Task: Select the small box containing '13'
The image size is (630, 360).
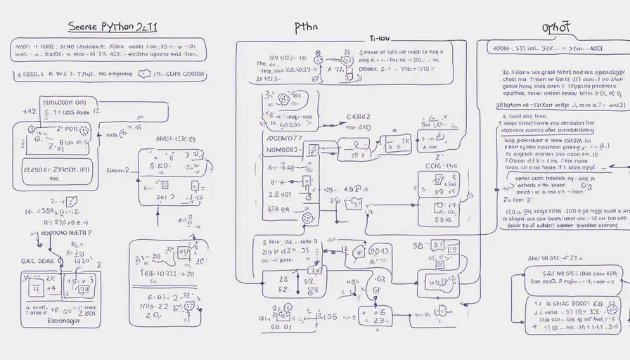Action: click(x=83, y=288)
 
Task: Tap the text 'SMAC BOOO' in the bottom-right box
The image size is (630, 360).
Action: click(x=570, y=304)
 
